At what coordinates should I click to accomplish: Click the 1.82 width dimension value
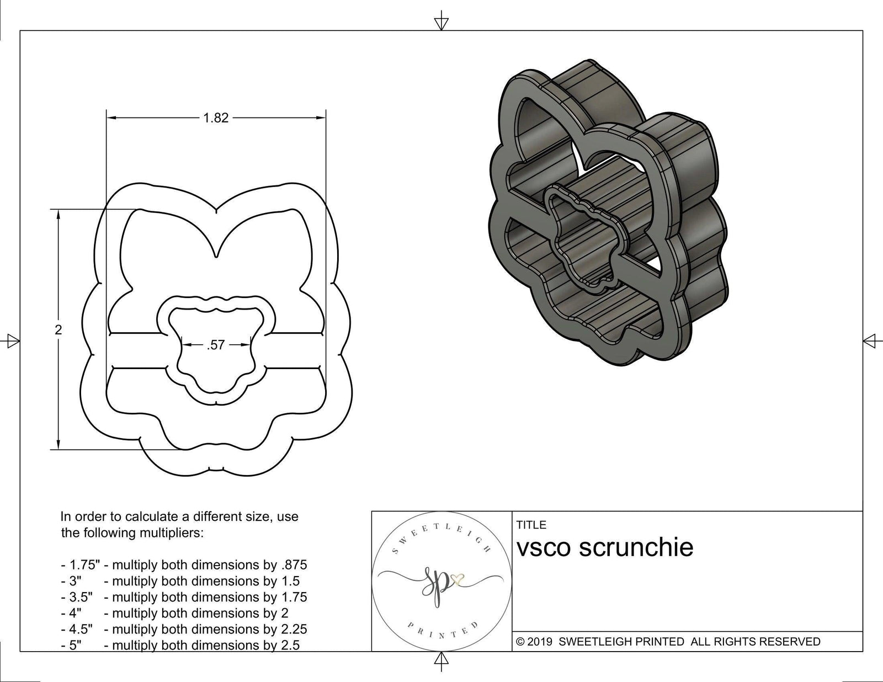[216, 118]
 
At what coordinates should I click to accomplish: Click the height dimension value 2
[58, 330]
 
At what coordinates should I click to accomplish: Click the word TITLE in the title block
[531, 525]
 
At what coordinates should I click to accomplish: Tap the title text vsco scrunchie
[605, 548]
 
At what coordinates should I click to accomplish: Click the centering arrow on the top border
[441, 23]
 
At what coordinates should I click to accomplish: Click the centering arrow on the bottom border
[441, 659]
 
